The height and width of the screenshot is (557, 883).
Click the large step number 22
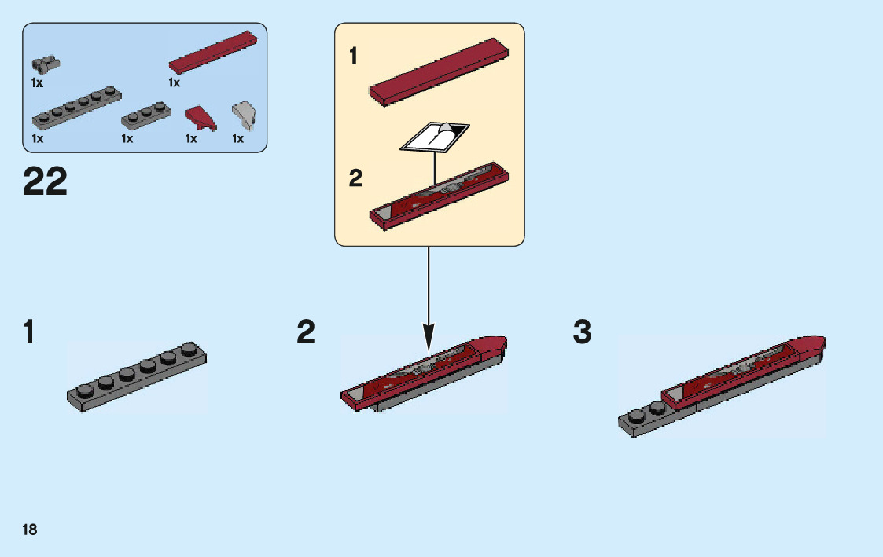[x=46, y=182]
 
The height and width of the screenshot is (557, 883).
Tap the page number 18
[x=29, y=530]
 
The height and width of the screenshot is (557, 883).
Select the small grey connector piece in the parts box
[x=46, y=64]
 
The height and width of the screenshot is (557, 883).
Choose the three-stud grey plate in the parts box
[x=146, y=114]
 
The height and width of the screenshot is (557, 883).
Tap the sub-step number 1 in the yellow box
[x=354, y=57]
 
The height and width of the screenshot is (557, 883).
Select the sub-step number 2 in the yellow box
[x=355, y=179]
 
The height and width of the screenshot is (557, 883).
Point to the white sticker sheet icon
[x=436, y=137]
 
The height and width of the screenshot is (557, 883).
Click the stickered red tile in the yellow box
[x=438, y=195]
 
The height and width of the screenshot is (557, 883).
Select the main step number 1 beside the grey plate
[x=29, y=332]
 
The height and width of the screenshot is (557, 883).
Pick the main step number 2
[x=306, y=332]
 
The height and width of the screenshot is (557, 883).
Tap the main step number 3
[x=582, y=332]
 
